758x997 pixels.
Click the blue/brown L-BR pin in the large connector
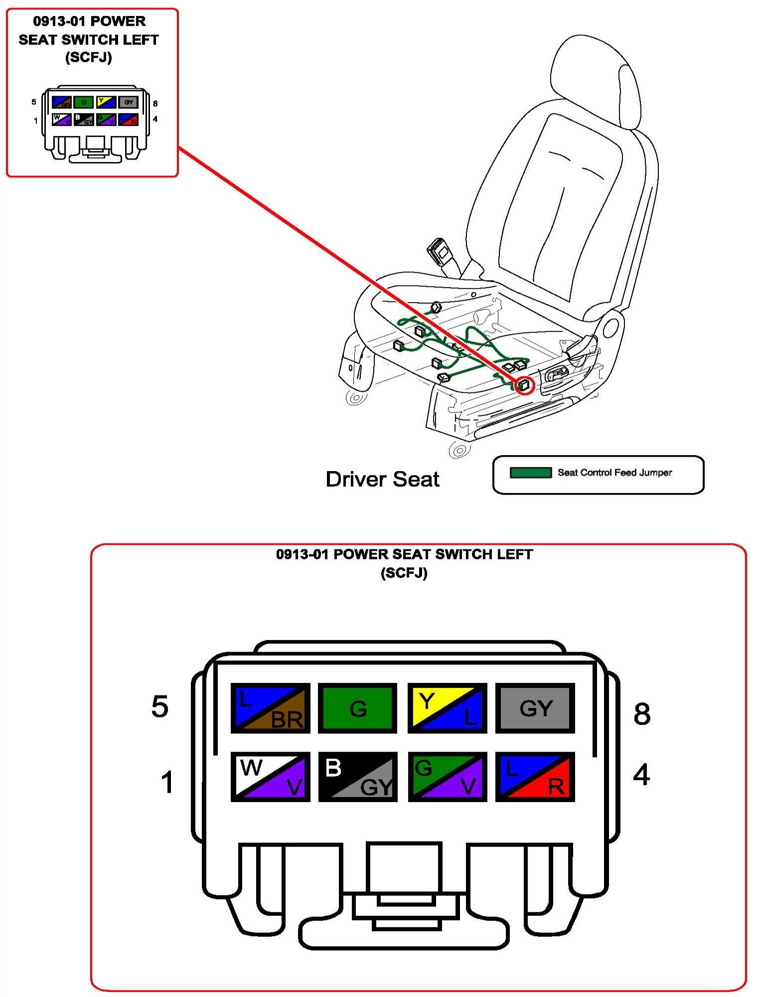[270, 708]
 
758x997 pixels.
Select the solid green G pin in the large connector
[357, 708]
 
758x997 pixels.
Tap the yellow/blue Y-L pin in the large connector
[447, 708]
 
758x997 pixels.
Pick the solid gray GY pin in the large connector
[535, 708]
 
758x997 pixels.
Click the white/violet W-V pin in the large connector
[270, 777]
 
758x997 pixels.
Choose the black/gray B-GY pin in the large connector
[357, 777]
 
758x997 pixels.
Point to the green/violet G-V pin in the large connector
[447, 777]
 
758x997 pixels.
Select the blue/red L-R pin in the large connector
[535, 777]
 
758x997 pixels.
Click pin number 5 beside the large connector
[160, 706]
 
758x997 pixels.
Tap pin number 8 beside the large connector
[642, 713]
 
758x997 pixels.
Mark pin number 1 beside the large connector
[167, 782]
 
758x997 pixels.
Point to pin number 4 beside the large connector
[641, 775]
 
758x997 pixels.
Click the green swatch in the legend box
[530, 472]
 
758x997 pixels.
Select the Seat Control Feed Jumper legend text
[614, 472]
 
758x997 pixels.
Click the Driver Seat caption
[382, 479]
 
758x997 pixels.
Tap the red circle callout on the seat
[524, 385]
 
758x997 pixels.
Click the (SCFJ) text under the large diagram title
[404, 573]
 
